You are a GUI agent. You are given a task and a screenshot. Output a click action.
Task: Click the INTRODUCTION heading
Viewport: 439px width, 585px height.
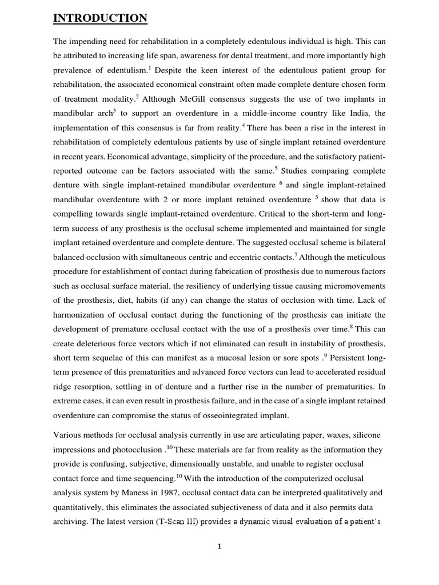pyautogui.click(x=100, y=19)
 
